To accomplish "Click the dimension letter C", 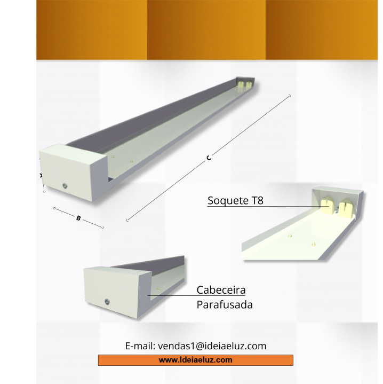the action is (209, 158).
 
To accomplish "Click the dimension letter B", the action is (78, 218).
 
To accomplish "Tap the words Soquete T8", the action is (235, 200).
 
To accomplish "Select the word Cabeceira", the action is (221, 290).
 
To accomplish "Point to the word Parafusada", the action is (225, 304).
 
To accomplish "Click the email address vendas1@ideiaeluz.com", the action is (212, 346).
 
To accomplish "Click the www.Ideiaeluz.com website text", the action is (195, 360).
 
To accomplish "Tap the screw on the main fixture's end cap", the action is (65, 186).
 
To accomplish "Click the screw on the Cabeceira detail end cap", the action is (107, 302).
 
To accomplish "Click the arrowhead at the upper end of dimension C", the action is (290, 96).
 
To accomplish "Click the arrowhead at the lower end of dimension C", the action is (127, 220).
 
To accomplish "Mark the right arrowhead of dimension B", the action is (103, 228).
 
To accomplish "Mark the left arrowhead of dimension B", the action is (54, 208).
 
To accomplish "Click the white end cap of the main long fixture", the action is (74, 173).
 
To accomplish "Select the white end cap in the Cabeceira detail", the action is (117, 293).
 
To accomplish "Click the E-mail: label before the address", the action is (140, 346).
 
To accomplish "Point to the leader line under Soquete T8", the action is (268, 207).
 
